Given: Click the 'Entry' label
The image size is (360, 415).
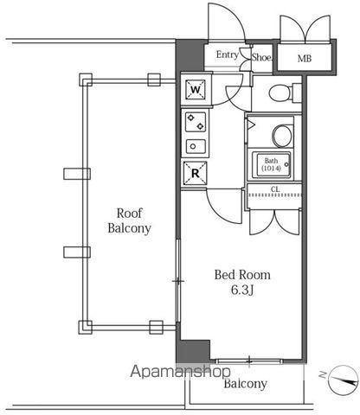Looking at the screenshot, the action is pos(228,54).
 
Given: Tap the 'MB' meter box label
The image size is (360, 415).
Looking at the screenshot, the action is pos(305,59).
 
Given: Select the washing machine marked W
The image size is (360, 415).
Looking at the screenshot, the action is pos(196,90).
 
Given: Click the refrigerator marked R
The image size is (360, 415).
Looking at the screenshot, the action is pos(196,173).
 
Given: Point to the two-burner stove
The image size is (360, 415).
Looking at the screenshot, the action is pos(196,122).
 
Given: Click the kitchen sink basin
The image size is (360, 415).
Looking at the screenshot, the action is pos(196,147).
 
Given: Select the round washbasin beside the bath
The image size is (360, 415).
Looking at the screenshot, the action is pos(283,136).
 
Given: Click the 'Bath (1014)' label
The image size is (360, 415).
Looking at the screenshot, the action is pos(271,164).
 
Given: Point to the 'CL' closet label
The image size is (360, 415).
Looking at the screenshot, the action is pos(275,189).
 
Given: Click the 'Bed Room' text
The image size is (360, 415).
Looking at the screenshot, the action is pos(242,275).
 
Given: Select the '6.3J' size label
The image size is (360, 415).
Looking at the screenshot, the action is pos(242,290).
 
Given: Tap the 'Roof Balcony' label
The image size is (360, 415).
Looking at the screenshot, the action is pos(130,220).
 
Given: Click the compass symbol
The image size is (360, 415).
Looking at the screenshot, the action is pos(344,380).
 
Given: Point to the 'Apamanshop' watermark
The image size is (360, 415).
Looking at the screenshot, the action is pos(181,372).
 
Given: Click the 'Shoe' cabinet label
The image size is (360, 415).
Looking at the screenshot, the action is pos(261,57).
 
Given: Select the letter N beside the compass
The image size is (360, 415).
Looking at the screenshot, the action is pos(323,374).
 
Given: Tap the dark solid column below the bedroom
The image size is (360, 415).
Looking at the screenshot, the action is pos(193,351).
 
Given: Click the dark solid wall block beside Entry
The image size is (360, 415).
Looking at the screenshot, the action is pos(190,55).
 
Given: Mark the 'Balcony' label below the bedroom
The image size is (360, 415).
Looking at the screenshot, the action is pos(246,384).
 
